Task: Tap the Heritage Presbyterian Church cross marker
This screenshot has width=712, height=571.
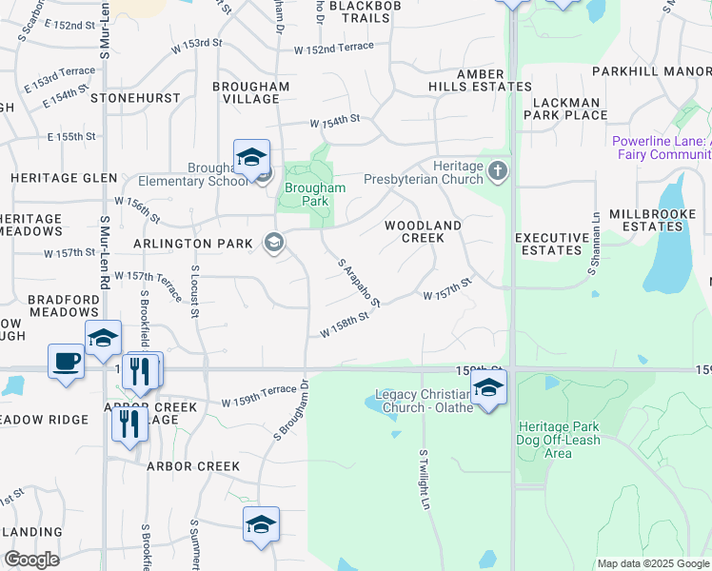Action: click(x=496, y=172)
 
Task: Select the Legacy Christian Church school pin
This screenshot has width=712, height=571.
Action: click(x=488, y=387)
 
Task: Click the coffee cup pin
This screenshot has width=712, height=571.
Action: click(x=66, y=362)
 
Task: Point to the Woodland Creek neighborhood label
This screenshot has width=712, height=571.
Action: click(x=423, y=230)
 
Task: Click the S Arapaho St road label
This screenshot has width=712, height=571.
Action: click(x=361, y=282)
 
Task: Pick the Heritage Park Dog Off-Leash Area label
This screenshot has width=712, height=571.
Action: click(x=558, y=440)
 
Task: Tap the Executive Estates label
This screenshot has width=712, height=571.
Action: click(x=551, y=244)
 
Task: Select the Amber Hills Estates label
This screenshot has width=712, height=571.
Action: click(x=493, y=80)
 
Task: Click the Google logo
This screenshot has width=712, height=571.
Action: click(x=31, y=560)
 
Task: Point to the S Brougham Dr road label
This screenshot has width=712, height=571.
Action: click(x=292, y=410)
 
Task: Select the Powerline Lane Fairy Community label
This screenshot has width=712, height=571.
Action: click(x=661, y=148)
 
